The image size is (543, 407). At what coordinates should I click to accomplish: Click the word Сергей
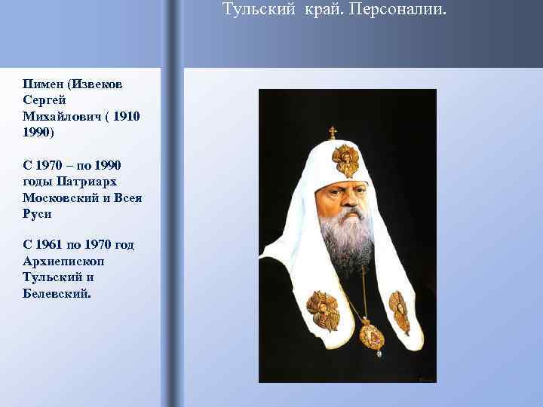click(x=45, y=100)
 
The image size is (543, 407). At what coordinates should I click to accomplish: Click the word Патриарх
click(x=95, y=181)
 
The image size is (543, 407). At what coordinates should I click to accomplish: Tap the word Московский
click(x=61, y=197)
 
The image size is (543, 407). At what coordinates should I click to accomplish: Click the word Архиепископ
click(x=64, y=261)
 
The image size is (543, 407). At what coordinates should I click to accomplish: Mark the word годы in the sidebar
click(x=38, y=181)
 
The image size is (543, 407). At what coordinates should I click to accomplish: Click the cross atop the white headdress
click(x=333, y=133)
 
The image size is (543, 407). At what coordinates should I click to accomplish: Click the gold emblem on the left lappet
click(x=324, y=310)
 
